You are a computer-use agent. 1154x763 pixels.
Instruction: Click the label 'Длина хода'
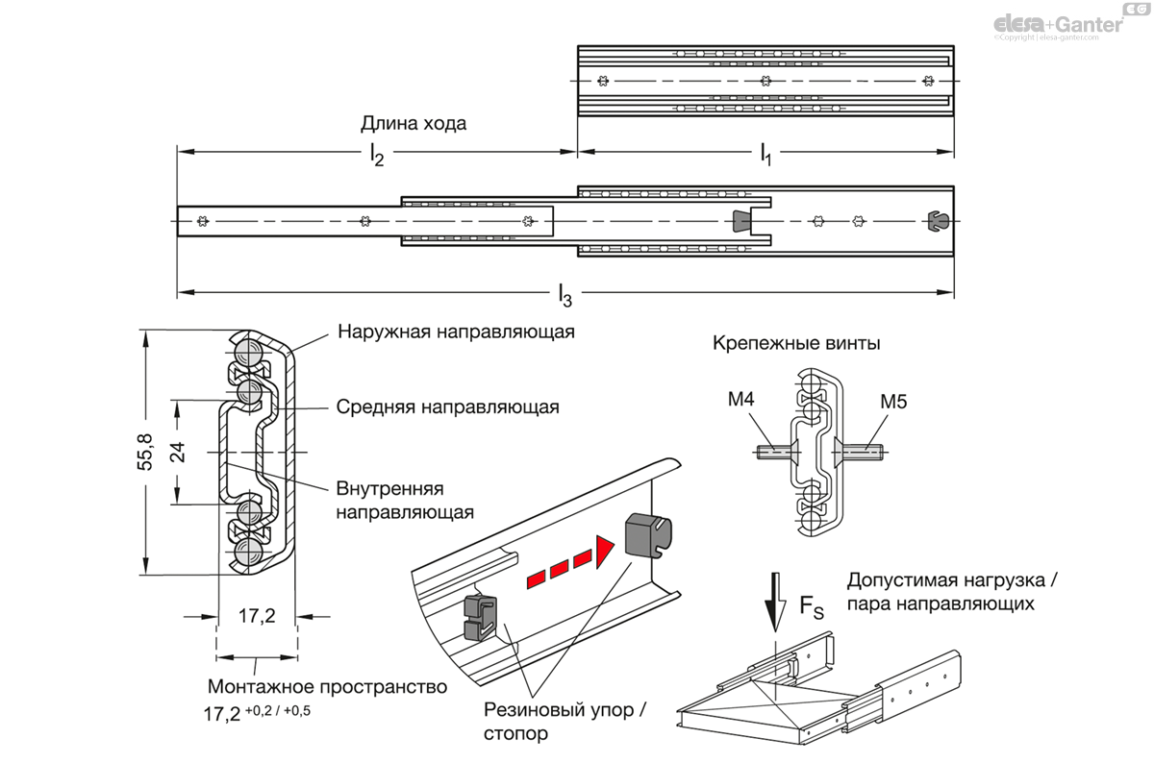[414, 123]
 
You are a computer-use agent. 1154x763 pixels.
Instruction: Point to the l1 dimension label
[765, 153]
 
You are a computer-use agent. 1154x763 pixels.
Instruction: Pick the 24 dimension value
[177, 452]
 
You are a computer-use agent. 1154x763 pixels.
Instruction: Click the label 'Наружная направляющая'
[456, 332]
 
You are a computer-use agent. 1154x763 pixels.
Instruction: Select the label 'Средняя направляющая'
[447, 406]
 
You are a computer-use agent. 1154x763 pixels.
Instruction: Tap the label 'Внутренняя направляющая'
[405, 498]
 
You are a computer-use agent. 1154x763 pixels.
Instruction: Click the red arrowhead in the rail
[603, 552]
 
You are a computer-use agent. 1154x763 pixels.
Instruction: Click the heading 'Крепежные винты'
[796, 344]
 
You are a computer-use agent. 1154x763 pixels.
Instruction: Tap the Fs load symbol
[812, 606]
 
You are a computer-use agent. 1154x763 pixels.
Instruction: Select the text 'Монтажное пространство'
[327, 687]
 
